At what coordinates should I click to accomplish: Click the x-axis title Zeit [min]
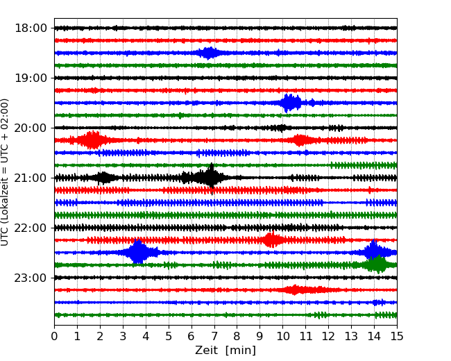[226, 351]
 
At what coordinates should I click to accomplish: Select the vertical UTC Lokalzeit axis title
[6, 172]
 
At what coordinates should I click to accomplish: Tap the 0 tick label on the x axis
[55, 337]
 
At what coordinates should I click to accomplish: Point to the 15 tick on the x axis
[397, 337]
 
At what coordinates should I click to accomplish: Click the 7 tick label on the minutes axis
[214, 337]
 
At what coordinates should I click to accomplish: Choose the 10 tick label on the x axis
[283, 337]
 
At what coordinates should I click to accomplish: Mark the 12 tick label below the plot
[328, 337]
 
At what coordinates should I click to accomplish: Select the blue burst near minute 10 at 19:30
[290, 103]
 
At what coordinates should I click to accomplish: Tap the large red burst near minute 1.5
[92, 140]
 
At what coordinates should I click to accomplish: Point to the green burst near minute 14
[375, 265]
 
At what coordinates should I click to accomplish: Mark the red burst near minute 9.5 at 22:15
[271, 240]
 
